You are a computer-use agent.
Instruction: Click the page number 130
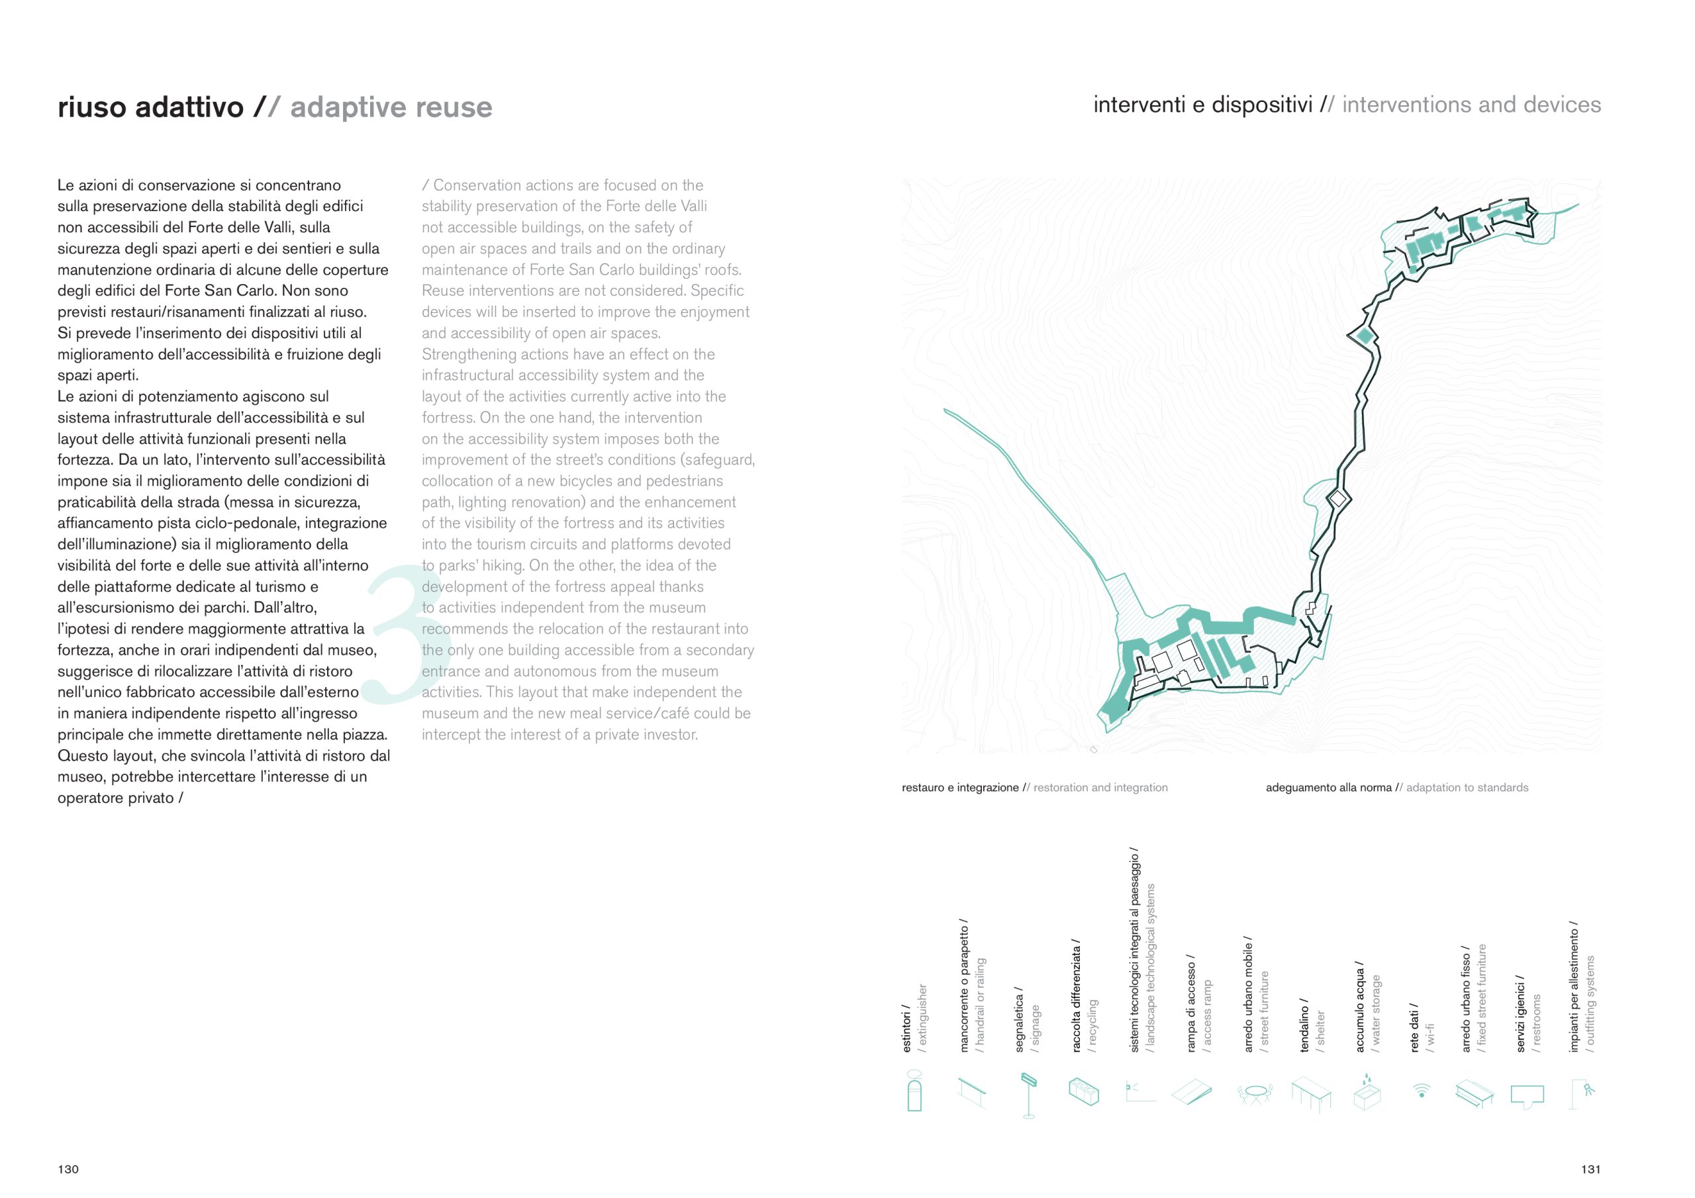[68, 1170]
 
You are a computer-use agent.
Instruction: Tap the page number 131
[1591, 1170]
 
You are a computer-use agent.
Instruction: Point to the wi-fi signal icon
[1421, 1089]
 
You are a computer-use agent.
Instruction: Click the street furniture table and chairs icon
[1254, 1091]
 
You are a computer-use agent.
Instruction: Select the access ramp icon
[1192, 1091]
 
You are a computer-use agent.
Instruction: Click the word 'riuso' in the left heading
[93, 108]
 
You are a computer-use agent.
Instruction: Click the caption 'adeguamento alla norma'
[1328, 788]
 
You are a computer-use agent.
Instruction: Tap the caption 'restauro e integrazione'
[959, 788]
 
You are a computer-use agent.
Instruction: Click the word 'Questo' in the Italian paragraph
[83, 756]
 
